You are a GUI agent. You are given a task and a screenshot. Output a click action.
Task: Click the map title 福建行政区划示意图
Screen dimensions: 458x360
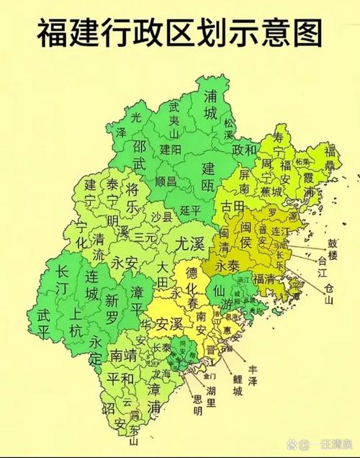click(x=180, y=32)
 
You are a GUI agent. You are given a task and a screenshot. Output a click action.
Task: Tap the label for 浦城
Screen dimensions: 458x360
click(x=210, y=104)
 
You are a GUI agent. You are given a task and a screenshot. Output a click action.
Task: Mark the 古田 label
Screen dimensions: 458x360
click(x=232, y=207)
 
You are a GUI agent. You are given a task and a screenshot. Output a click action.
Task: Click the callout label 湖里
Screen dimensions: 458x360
click(x=212, y=392)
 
